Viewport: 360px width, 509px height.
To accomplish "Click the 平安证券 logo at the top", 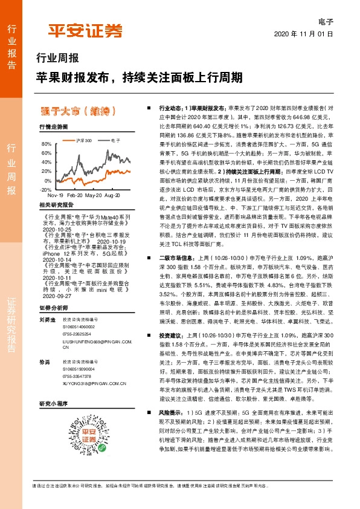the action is point(85,30).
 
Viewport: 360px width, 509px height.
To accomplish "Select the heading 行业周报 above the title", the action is point(57,59).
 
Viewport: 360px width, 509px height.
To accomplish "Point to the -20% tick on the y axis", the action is point(45,189).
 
